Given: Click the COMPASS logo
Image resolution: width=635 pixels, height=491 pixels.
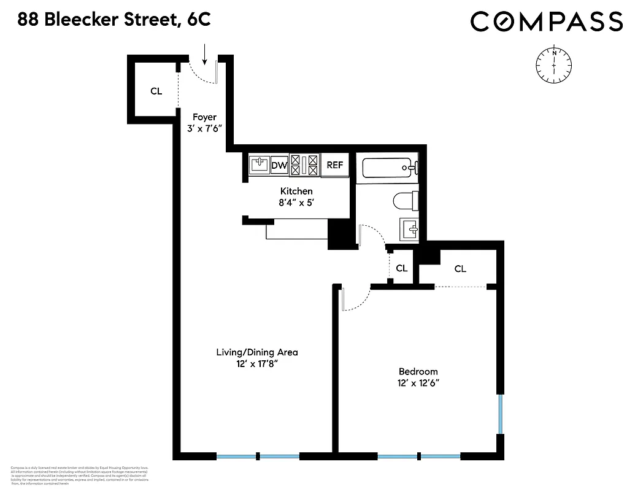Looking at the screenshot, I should tap(546, 22).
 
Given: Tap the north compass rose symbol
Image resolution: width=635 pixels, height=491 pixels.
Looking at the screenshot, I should tap(554, 63).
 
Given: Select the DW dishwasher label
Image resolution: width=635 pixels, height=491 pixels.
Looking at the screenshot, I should tap(279, 165).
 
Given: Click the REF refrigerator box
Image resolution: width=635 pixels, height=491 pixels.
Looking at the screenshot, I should tap(334, 165).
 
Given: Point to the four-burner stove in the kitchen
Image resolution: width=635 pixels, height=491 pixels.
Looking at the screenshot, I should tap(305, 165).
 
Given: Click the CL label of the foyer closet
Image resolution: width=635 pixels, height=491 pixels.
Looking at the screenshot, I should tap(156, 91).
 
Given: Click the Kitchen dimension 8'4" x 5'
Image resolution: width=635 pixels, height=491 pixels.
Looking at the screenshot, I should tap(296, 202).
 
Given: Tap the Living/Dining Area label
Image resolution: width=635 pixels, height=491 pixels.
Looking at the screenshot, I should tap(256, 352).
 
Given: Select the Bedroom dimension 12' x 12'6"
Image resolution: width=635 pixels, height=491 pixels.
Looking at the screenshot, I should tap(418, 382).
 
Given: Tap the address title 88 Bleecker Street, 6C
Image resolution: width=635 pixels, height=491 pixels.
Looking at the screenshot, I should tap(114, 20).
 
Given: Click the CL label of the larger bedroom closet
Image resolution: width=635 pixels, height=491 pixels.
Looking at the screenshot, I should tap(460, 268).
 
